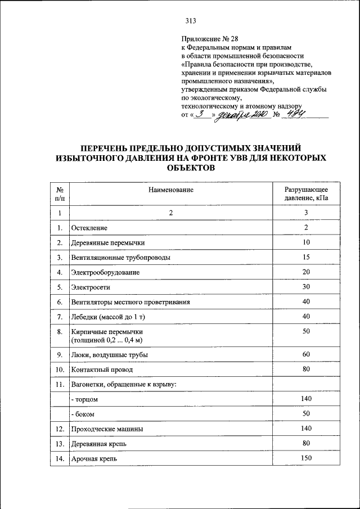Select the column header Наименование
[x=170, y=190]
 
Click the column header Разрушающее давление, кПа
[x=305, y=194]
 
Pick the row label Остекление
[x=89, y=228]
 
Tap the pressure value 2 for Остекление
[x=305, y=227]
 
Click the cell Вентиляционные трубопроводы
[x=120, y=257]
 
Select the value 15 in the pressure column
[x=305, y=257]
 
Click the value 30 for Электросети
[x=305, y=287]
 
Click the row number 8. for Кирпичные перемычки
[x=59, y=332]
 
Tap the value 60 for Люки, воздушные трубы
[x=305, y=355]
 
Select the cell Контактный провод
[x=102, y=370]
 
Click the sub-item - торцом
[x=85, y=399]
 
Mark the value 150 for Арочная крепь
[x=305, y=458]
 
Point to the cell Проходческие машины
[x=106, y=429]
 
